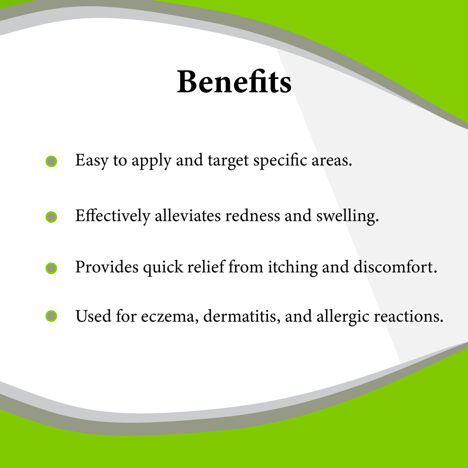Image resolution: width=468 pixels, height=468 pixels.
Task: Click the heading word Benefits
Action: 234,82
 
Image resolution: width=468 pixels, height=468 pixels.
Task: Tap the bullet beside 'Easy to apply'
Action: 51,161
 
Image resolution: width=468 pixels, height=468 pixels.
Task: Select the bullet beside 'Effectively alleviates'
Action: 51,217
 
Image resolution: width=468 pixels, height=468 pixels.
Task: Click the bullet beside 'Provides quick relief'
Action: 51,268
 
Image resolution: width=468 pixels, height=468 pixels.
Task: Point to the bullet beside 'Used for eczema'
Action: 51,316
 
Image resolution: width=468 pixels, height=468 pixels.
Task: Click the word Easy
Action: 92,161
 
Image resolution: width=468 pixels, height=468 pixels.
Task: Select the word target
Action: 228,161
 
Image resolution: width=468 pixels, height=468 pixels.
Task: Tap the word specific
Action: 280,161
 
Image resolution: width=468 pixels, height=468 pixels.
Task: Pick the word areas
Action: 332,161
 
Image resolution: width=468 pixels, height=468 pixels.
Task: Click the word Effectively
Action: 113,216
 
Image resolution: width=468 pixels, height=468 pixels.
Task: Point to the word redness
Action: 253,216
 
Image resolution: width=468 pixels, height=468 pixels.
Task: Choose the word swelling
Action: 348,216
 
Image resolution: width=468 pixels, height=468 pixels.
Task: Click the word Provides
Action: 107,267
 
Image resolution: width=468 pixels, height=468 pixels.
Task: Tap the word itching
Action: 293,268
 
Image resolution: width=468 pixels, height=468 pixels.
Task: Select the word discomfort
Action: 395,267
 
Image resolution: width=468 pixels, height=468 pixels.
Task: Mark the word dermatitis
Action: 242,316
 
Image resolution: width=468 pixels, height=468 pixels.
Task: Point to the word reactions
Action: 408,316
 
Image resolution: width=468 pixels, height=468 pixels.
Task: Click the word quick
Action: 163,268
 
